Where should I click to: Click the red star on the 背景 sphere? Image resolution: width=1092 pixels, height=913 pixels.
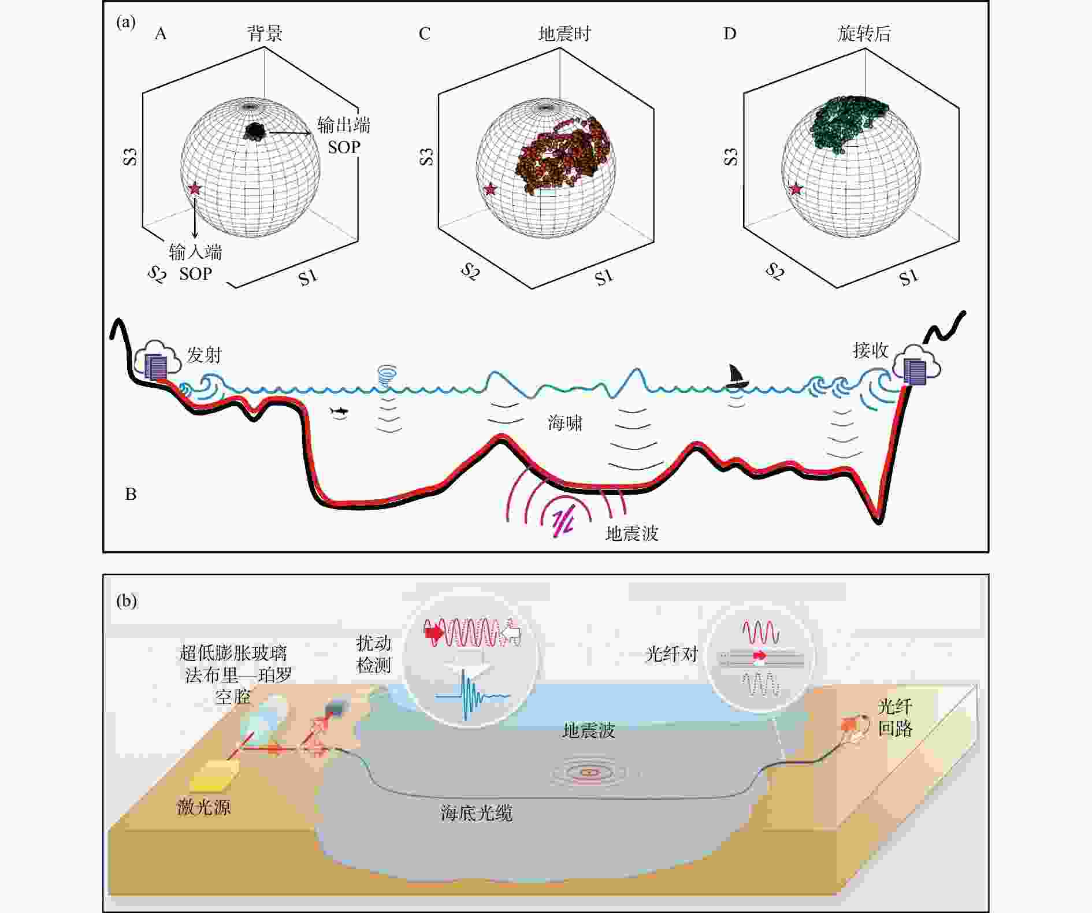(195, 188)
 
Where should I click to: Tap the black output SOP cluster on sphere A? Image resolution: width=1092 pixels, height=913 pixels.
(254, 131)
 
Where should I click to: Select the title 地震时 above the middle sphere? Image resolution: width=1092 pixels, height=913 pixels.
(564, 34)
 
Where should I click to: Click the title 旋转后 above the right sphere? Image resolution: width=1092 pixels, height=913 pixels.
(864, 34)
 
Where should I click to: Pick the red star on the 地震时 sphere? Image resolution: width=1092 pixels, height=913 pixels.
(491, 189)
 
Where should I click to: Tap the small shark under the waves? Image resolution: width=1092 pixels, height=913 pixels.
(339, 410)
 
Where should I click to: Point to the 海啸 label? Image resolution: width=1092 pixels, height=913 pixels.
(564, 423)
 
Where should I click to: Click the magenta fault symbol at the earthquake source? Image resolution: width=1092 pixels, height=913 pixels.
(562, 522)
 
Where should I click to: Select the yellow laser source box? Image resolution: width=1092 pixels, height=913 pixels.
(214, 774)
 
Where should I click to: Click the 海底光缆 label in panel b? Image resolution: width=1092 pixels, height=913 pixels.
(477, 814)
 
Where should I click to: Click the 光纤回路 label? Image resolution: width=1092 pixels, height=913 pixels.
(895, 717)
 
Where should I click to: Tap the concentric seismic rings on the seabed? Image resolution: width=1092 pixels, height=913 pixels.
(589, 771)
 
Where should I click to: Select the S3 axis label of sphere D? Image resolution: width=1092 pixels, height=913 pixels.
(731, 157)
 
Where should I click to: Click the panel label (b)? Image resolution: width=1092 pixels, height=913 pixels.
(127, 602)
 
